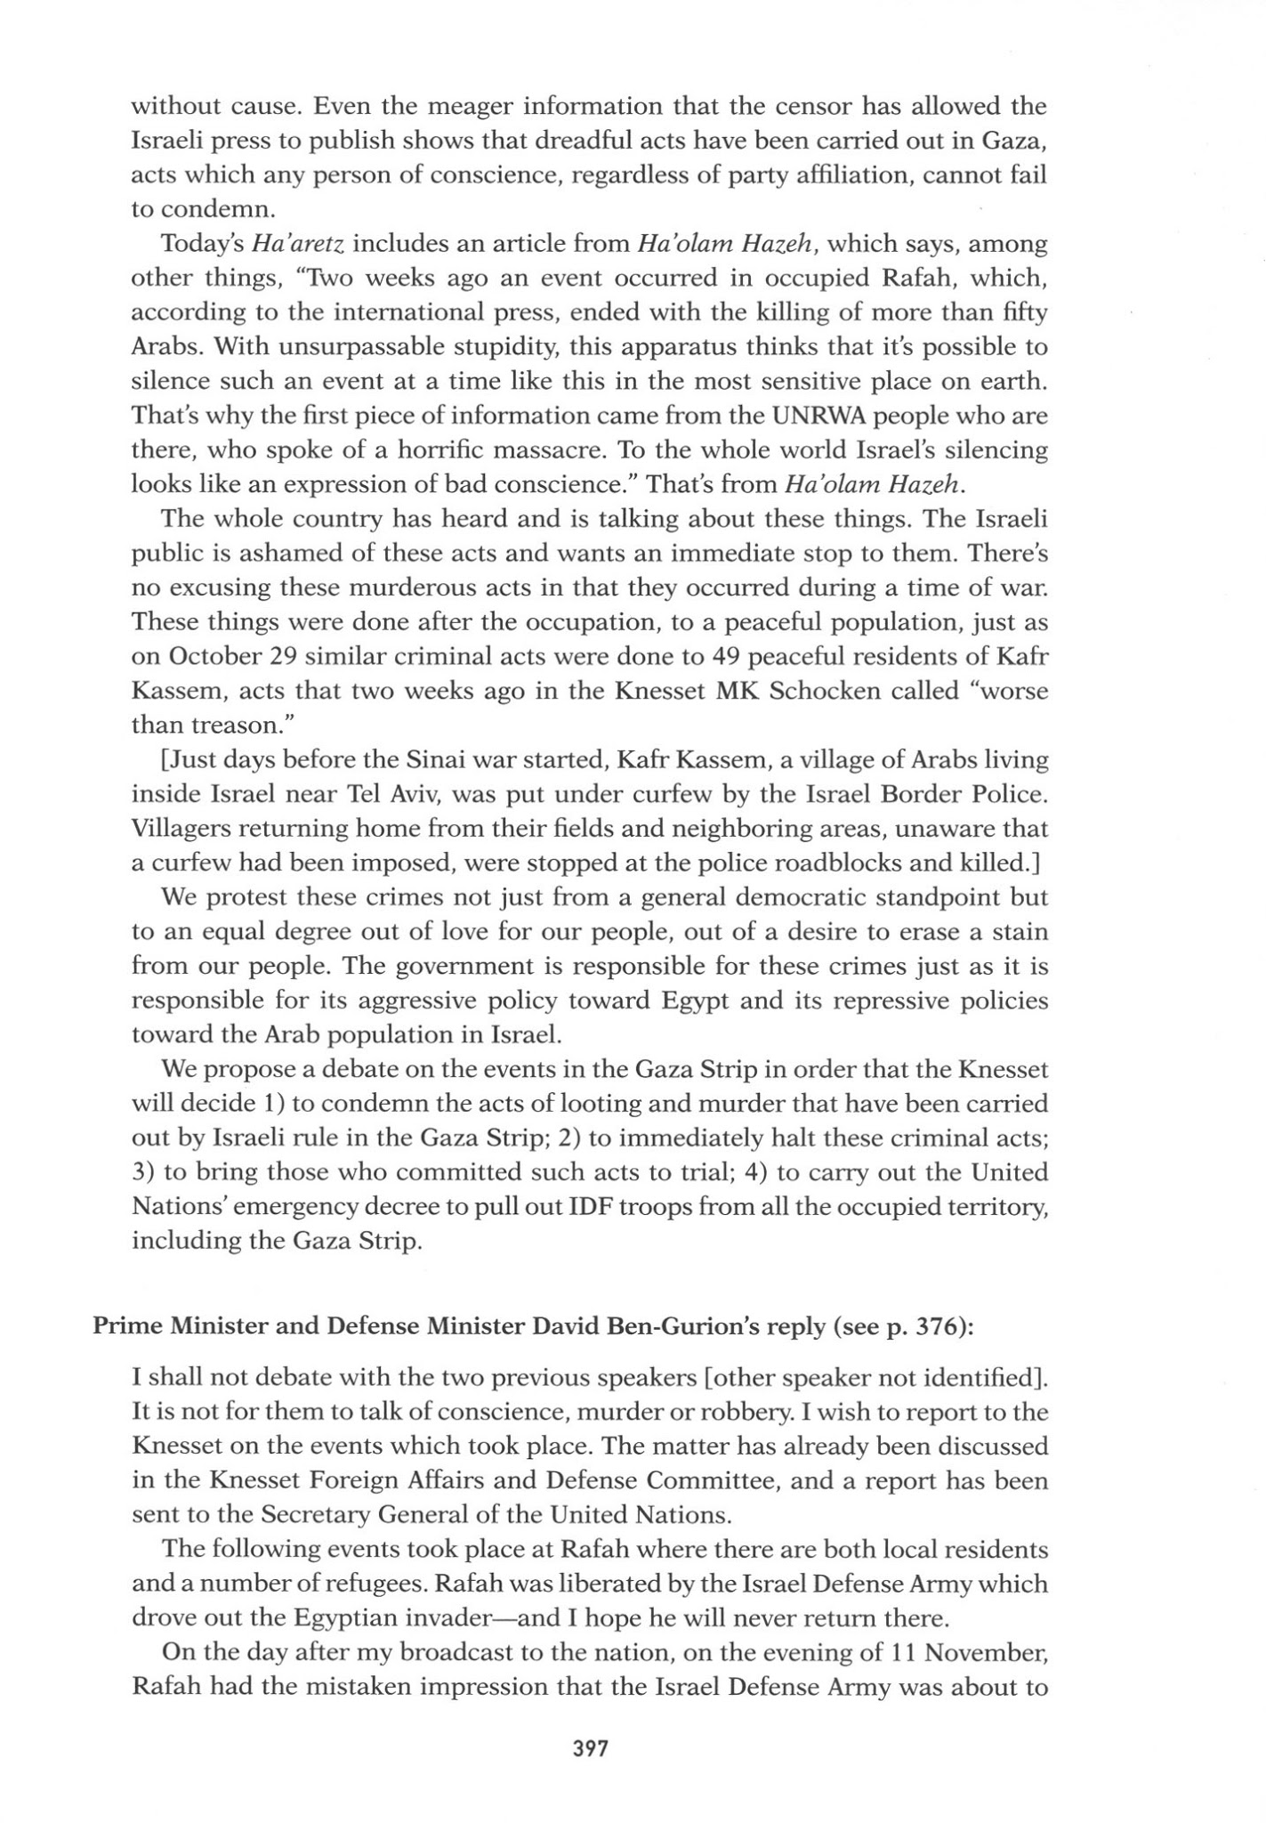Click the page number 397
point(590,1748)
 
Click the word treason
point(253,725)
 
